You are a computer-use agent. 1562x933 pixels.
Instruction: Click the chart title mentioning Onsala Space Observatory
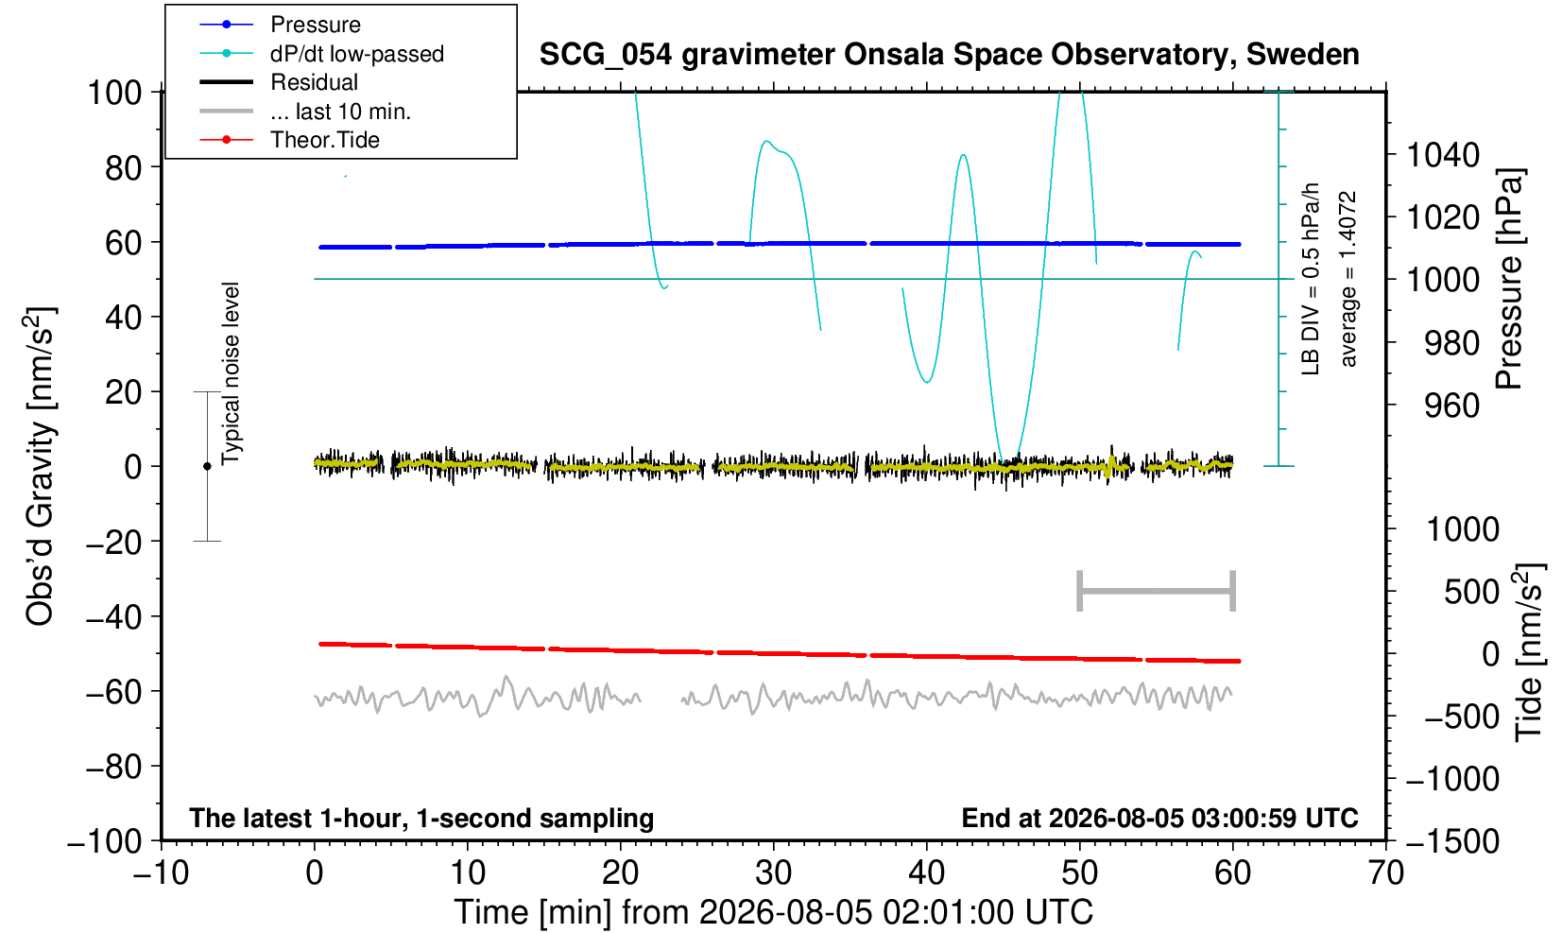[949, 55]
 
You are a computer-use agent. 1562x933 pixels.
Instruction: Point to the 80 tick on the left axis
[124, 168]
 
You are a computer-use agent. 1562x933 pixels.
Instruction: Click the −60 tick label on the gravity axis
[113, 692]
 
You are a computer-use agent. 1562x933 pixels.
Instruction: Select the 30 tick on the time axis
[773, 873]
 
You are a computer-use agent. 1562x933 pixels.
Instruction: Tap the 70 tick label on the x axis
[1385, 873]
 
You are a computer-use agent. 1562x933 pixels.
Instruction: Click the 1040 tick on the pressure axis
[1443, 155]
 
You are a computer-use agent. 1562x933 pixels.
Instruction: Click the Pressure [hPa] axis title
[1510, 279]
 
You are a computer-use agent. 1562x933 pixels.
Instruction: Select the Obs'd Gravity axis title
[40, 466]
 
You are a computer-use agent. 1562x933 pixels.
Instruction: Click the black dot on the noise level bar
[207, 466]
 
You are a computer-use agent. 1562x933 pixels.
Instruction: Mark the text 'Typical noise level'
[231, 373]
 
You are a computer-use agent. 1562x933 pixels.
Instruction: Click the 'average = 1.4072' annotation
[1347, 279]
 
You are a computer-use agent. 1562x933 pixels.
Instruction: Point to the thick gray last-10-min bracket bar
[1157, 591]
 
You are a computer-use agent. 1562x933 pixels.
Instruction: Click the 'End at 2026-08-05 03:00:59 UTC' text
[1159, 818]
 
